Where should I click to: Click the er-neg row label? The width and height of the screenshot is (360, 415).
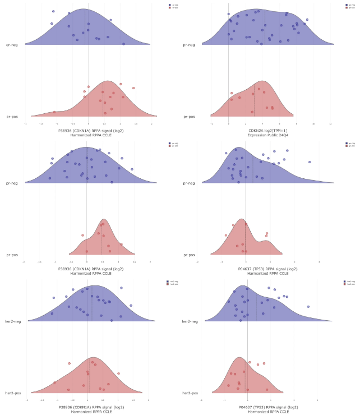click(11, 44)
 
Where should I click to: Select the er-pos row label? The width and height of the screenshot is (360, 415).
click(11, 117)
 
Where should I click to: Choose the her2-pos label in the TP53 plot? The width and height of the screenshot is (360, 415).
click(191, 393)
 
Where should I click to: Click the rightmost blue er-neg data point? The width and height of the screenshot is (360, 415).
click(124, 43)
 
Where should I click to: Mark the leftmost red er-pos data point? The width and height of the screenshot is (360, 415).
click(54, 112)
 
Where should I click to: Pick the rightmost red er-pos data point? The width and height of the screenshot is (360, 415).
click(133, 88)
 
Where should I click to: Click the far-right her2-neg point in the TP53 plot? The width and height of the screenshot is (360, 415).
click(308, 306)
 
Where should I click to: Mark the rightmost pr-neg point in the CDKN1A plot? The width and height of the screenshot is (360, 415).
click(132, 169)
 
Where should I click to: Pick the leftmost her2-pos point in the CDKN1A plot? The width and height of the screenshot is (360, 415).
click(54, 382)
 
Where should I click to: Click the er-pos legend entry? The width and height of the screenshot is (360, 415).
click(174, 8)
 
